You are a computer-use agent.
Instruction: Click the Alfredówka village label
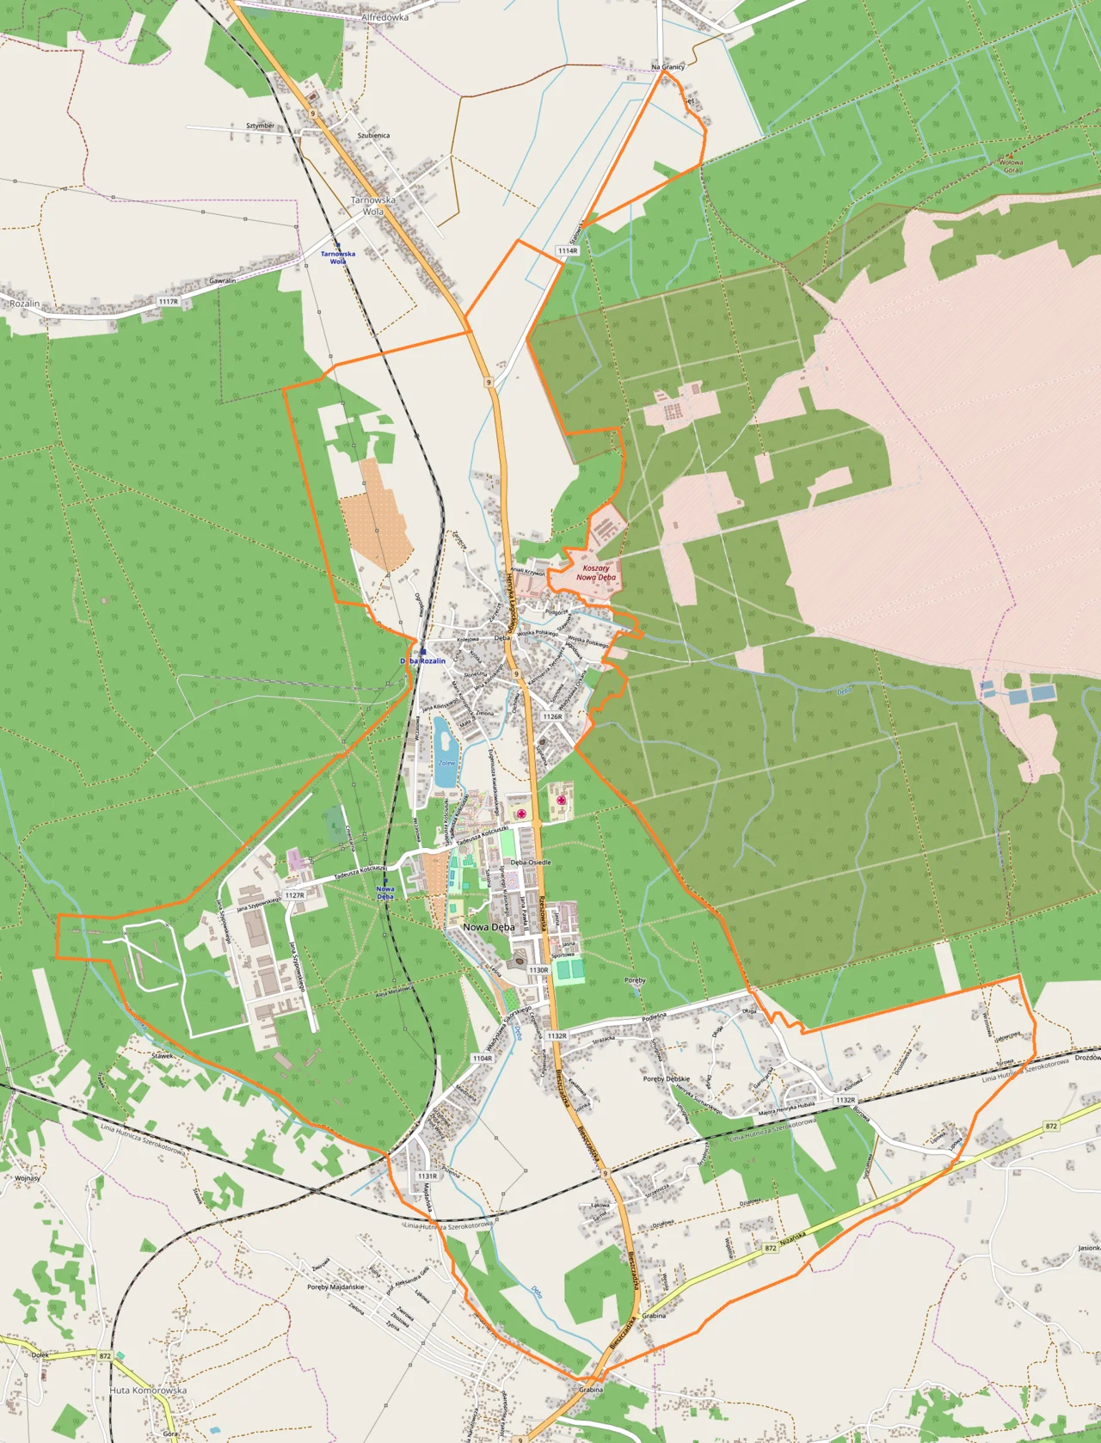[384, 16]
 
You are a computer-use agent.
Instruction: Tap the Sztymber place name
[260, 126]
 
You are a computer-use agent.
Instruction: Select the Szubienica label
[373, 136]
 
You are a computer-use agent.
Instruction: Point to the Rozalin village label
[24, 304]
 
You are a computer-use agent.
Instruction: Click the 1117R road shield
[168, 302]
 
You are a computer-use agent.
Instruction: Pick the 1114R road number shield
[568, 251]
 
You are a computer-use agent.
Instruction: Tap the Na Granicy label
[667, 66]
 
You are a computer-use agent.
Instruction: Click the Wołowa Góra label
[1011, 166]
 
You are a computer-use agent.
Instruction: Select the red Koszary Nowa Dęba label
[595, 573]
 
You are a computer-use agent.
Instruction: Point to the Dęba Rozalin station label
[423, 660]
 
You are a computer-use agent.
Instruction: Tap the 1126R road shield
[552, 716]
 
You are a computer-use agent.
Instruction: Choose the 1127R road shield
[294, 895]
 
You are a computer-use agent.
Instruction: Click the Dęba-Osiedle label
[531, 862]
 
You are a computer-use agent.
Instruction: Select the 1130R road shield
[538, 970]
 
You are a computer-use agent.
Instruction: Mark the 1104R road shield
[482, 1059]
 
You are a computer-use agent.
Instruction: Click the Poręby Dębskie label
[666, 1078]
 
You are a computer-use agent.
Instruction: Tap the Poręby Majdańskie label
[335, 1287]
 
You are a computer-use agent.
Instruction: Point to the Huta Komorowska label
[148, 1390]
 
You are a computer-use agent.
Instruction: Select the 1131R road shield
[427, 1176]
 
